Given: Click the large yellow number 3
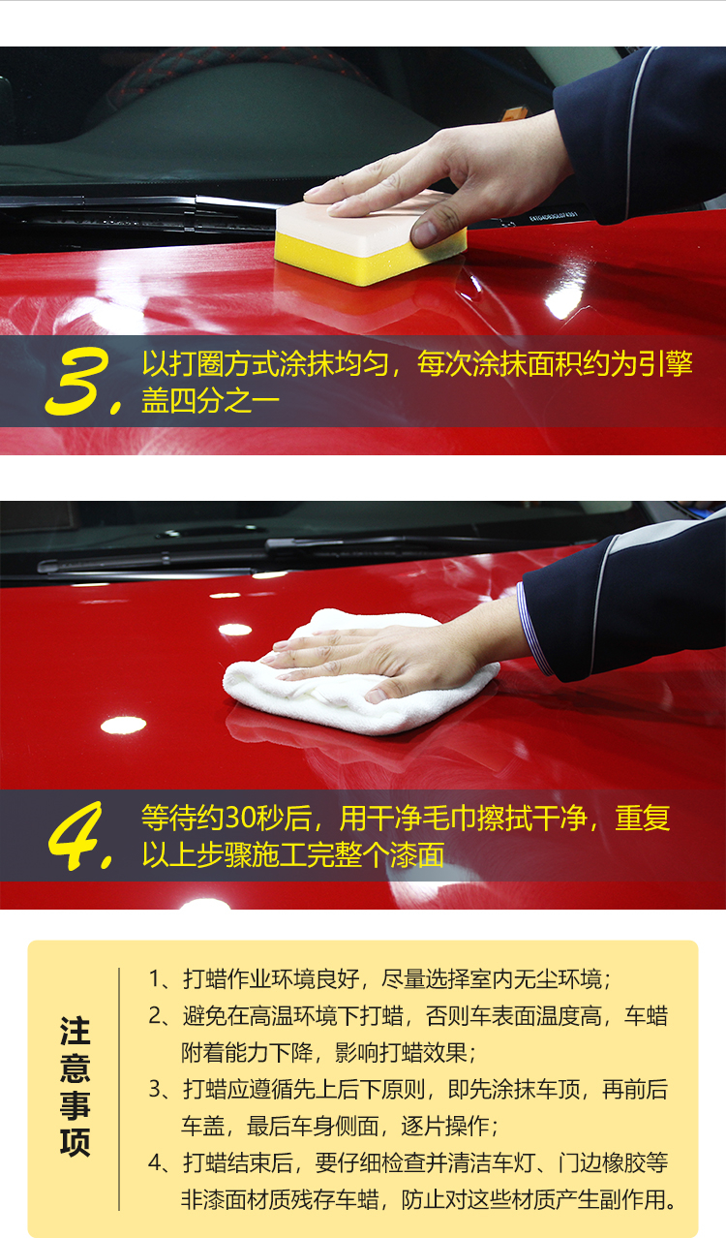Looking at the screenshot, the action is [77, 382].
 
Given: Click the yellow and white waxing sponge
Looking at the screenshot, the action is [369, 238].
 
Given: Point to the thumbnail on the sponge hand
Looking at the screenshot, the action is [424, 233].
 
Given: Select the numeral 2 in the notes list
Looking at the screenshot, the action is [155, 1017].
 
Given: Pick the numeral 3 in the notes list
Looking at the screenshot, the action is [155, 1090].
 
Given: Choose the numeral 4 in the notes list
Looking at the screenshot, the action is [155, 1162].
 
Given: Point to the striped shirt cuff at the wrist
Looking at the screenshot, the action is [534, 629].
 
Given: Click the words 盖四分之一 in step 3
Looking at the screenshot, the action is [210, 401].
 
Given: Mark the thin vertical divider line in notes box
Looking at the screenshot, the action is [119, 1089].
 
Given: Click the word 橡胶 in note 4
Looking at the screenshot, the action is [623, 1162].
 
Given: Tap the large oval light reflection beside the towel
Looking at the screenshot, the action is [124, 725].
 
